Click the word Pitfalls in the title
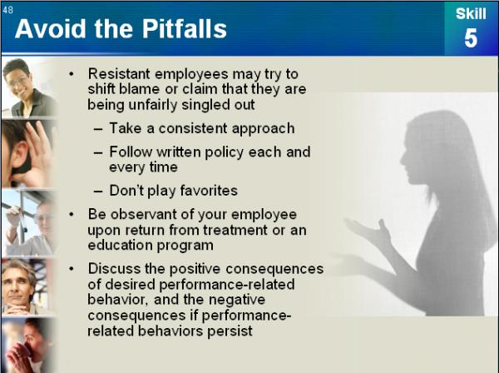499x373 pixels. click(184, 28)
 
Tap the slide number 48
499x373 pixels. click(8, 10)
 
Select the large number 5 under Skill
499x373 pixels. click(471, 38)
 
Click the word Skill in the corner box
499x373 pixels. click(471, 13)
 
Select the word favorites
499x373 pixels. click(209, 191)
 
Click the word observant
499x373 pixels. click(144, 214)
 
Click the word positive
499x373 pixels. click(195, 269)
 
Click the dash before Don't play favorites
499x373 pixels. click(98, 191)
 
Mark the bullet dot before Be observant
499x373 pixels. click(72, 215)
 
